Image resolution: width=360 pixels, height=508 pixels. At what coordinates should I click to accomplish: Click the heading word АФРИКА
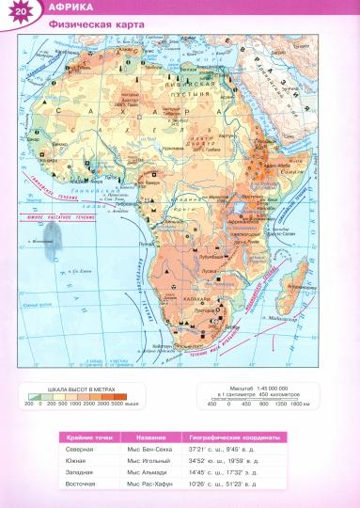coord(61,8)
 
